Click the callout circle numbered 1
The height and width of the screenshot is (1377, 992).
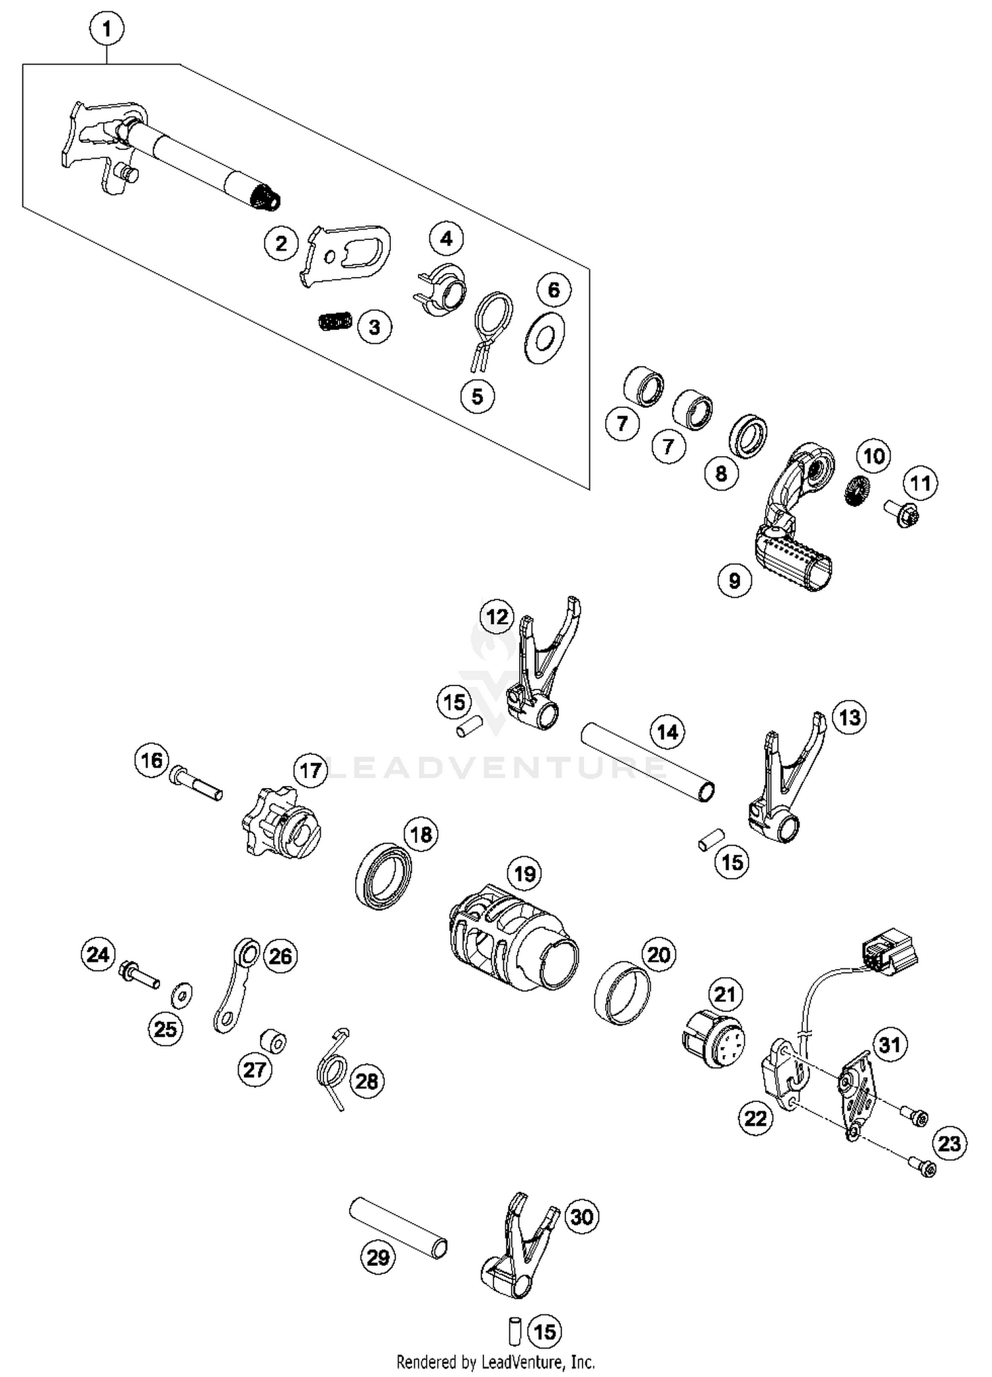click(x=106, y=29)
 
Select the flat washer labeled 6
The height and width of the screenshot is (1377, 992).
click(x=544, y=338)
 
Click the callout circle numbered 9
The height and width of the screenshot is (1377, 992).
click(x=734, y=580)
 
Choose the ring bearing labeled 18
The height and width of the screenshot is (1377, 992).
click(x=384, y=875)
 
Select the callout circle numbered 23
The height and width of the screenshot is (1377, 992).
click(x=949, y=1143)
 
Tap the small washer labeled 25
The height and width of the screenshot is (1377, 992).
click(x=181, y=994)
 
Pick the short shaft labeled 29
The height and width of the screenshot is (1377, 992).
click(x=398, y=1228)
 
